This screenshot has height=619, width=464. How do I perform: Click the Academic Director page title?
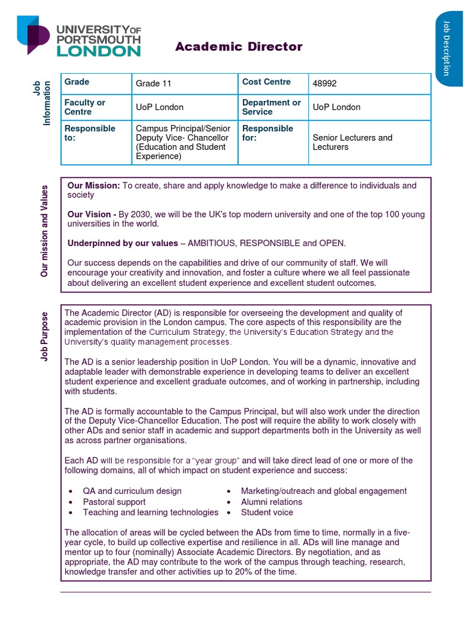[239, 47]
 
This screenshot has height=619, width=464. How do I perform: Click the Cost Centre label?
[266, 82]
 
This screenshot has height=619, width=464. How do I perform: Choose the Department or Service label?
[271, 107]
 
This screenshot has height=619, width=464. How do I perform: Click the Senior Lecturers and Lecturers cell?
[352, 142]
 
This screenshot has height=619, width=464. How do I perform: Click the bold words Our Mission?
[94, 186]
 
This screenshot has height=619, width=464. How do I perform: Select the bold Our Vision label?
[92, 215]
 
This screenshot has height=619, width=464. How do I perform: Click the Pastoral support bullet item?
[114, 502]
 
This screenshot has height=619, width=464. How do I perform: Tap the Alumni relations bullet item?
[271, 502]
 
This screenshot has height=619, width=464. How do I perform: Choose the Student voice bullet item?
[266, 512]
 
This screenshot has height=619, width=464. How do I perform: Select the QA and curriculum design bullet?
[132, 491]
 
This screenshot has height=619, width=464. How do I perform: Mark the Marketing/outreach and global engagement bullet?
[323, 491]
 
